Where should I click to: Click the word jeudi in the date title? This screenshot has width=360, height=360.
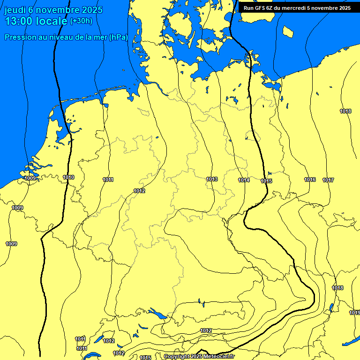15,10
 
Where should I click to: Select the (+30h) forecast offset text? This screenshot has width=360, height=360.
81,21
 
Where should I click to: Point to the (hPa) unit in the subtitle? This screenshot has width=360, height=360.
118,37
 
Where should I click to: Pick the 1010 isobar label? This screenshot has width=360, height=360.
68,177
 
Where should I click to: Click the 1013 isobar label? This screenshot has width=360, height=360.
212,179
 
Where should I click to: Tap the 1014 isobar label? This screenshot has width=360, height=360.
244,180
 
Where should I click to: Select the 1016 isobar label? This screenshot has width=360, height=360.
310,180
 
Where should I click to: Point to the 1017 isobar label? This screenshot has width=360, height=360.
328,180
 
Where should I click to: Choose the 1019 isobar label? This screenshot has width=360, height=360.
354,313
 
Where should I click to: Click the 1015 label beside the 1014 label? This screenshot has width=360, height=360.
266,181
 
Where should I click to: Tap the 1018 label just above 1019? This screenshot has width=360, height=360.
337,288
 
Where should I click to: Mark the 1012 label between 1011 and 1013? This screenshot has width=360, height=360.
139,191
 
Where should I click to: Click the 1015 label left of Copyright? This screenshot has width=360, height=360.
145,358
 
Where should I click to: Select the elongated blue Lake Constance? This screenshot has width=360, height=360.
157,313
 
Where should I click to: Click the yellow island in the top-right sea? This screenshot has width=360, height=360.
288,32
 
